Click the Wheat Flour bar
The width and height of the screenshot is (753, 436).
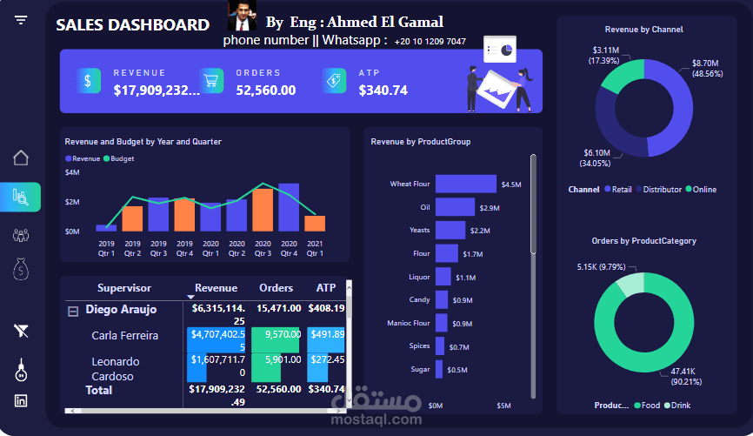pos(465,184)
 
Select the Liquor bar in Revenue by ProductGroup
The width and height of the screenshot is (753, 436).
pos(443,277)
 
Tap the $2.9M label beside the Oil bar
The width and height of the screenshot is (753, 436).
pos(490,208)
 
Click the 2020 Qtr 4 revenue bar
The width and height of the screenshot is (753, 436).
pos(289,207)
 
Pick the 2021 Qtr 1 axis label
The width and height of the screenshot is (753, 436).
pos(315,248)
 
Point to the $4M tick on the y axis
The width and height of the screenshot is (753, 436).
pos(73,172)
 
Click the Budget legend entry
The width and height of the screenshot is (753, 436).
pos(122,159)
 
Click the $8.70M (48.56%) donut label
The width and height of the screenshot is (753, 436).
pos(705,69)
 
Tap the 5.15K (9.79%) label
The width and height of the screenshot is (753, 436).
pos(602,267)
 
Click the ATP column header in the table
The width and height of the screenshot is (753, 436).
pos(326,288)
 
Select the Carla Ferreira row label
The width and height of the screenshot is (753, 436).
pos(124,335)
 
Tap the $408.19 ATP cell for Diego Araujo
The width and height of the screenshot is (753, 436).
pos(327,308)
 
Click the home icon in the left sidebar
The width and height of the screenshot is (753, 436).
pos(21,158)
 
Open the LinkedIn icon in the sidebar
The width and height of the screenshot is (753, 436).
pos(21,400)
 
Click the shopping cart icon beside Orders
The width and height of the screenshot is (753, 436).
pos(210,81)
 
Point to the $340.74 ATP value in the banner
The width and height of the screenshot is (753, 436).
pos(383,90)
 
